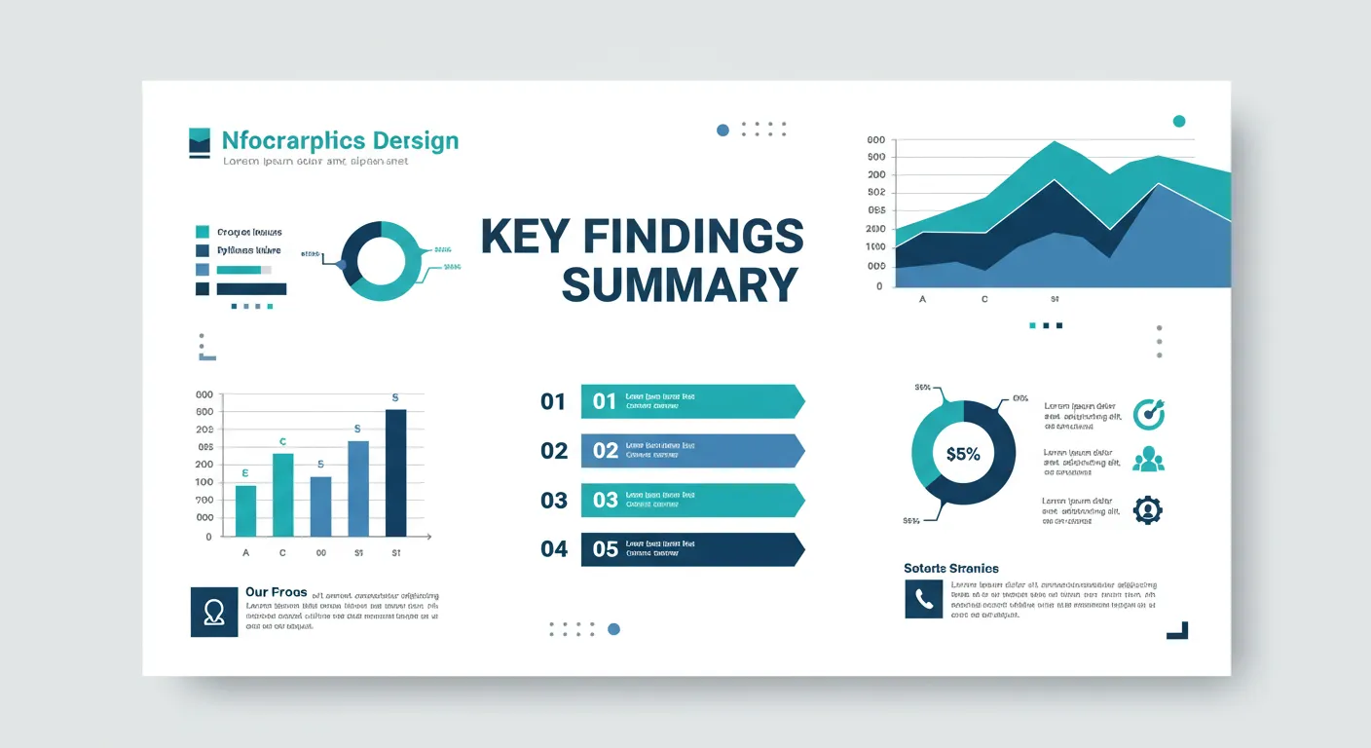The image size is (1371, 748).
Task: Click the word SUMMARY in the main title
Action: [x=680, y=285]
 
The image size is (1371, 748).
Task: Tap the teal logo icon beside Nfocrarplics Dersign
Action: [x=200, y=142]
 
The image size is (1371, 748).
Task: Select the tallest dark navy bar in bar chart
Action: [x=395, y=472]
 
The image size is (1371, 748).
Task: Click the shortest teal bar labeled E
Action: [x=246, y=510]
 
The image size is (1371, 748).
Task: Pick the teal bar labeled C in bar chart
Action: [x=282, y=495]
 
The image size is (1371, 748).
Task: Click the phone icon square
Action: [x=923, y=599]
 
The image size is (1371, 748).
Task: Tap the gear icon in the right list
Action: [x=1148, y=510]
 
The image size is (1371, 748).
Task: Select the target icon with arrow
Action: [x=1149, y=414]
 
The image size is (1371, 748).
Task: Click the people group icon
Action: [x=1148, y=459]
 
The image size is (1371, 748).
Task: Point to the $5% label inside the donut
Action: [x=963, y=453]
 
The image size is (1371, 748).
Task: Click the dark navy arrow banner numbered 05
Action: [x=691, y=549]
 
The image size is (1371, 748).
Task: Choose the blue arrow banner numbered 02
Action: [x=691, y=450]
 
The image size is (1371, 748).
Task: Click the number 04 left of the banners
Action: [x=554, y=549]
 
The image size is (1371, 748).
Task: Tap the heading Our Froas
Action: [x=276, y=592]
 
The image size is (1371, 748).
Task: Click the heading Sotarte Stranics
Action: [x=950, y=568]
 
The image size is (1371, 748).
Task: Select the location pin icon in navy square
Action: [x=214, y=612]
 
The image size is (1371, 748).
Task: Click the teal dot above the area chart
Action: [x=1179, y=122]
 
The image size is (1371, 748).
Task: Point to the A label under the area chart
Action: [x=922, y=300]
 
